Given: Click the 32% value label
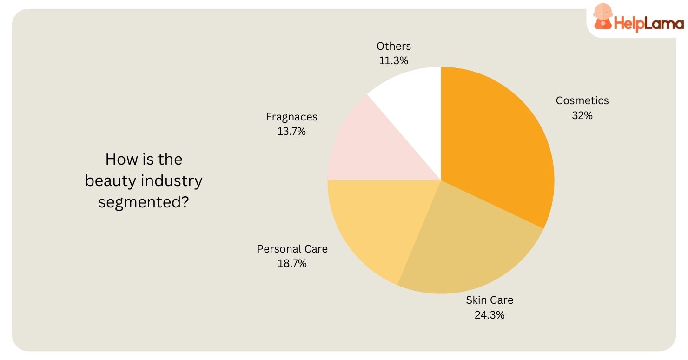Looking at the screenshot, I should [582, 115].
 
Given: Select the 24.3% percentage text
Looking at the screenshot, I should [490, 315].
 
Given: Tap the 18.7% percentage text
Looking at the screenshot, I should [292, 263].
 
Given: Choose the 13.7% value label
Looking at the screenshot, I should [291, 131].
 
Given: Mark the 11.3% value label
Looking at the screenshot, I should [394, 60].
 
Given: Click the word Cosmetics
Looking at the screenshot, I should [582, 100].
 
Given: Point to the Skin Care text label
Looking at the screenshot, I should [490, 300].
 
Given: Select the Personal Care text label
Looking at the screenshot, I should [292, 249].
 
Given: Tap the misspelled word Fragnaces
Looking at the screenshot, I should [291, 117].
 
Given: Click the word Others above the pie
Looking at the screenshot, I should [394, 46].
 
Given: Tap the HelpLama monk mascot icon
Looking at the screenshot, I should [603, 18].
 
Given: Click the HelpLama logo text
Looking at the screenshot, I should [649, 23].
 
